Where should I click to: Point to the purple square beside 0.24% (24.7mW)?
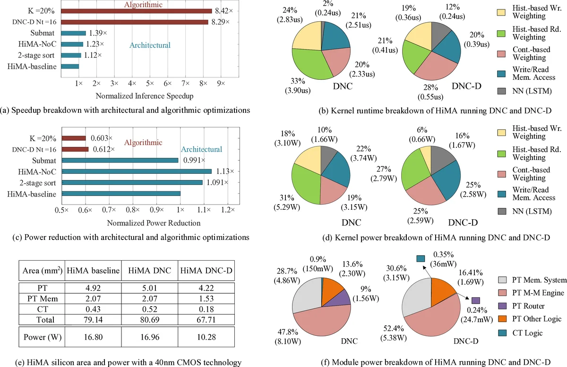(475, 300)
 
